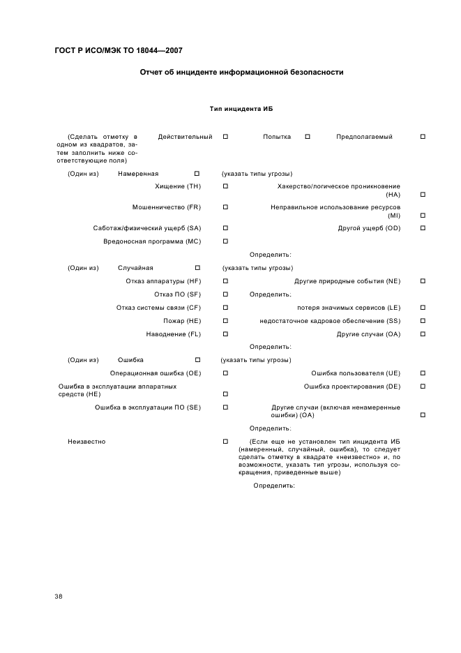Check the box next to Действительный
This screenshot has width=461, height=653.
click(x=225, y=137)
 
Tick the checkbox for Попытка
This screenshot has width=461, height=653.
click(x=308, y=137)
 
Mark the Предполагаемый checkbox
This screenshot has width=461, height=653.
click(x=423, y=137)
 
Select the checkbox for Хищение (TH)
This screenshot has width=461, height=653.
click(x=225, y=186)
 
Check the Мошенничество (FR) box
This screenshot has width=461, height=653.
click(x=225, y=207)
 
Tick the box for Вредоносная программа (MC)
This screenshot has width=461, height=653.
click(x=225, y=241)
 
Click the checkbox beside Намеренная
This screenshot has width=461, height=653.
click(x=197, y=174)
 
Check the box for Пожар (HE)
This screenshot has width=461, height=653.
click(x=225, y=321)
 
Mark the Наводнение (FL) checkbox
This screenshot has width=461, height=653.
click(x=225, y=334)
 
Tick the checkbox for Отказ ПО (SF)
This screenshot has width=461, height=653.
click(x=225, y=294)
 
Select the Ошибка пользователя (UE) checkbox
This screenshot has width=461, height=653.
click(x=423, y=373)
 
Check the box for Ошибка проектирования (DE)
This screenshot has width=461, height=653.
click(x=423, y=386)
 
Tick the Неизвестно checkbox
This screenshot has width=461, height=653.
click(x=225, y=442)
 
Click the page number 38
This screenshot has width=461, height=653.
click(x=59, y=596)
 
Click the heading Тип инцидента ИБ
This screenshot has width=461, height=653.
click(x=240, y=110)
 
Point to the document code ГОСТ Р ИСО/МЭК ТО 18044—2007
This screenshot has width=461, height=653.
click(x=119, y=50)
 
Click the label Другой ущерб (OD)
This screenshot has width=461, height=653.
click(x=369, y=228)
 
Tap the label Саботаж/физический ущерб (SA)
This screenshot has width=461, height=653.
click(x=147, y=228)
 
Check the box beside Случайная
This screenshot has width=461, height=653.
click(x=197, y=268)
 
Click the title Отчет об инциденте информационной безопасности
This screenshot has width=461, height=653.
click(x=241, y=72)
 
